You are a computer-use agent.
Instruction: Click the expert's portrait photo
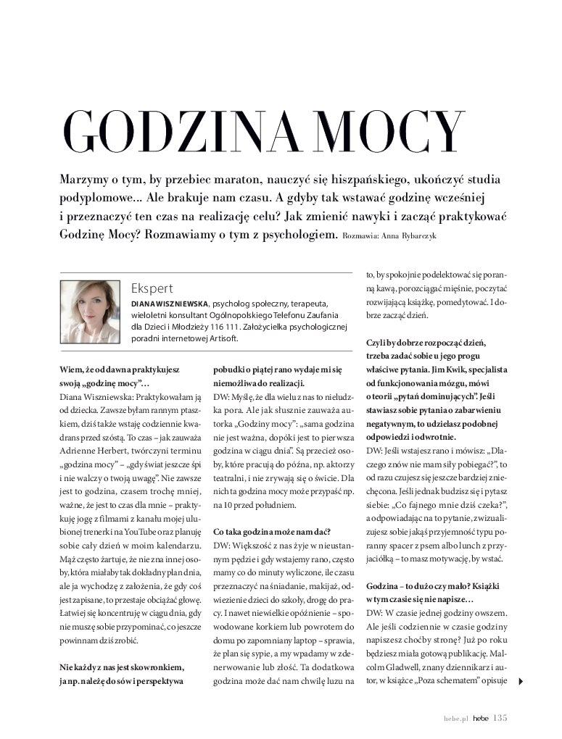[x=90, y=312]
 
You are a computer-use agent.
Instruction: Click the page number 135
[x=500, y=719]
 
